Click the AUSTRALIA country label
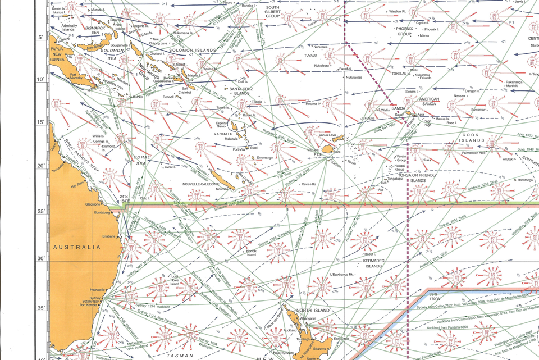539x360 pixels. (77, 247)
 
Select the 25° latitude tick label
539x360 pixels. (40, 211)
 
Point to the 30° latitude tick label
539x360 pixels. (40, 259)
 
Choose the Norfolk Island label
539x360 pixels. (252, 253)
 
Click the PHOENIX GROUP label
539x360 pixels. (405, 31)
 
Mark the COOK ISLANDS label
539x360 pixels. (473, 138)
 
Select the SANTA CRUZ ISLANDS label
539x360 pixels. (236, 90)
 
